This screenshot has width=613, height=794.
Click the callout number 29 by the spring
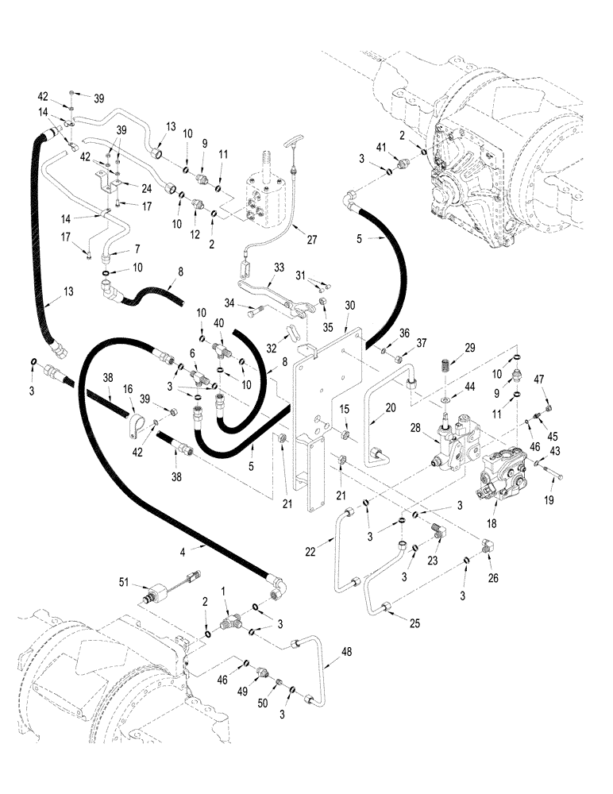tap(470, 349)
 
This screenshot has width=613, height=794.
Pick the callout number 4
tap(206, 547)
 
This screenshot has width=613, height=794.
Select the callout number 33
tap(278, 268)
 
